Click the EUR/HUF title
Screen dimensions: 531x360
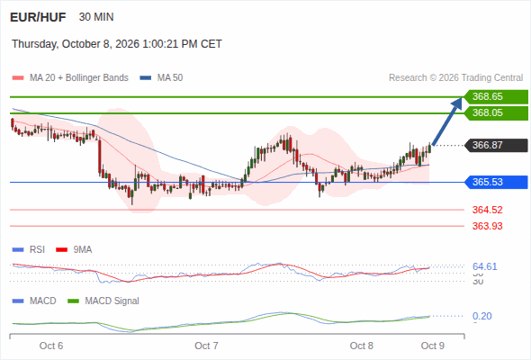[38, 17]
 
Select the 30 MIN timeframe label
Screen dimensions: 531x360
[96, 17]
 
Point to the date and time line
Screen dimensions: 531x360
[117, 44]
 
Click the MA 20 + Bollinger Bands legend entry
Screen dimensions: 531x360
[70, 78]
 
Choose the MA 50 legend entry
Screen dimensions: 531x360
[161, 78]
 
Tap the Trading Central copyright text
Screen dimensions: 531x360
[455, 78]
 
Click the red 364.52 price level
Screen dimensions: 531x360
[487, 210]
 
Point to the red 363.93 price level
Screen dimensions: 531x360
[487, 226]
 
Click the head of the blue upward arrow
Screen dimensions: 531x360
[462, 97]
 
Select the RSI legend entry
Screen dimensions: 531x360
[29, 250]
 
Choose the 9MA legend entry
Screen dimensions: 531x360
[74, 250]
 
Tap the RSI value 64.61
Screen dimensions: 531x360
[484, 266]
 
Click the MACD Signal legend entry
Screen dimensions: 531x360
[103, 301]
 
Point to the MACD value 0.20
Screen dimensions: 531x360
[481, 316]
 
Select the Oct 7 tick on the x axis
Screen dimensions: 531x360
[206, 346]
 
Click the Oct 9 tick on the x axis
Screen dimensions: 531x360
[433, 346]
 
